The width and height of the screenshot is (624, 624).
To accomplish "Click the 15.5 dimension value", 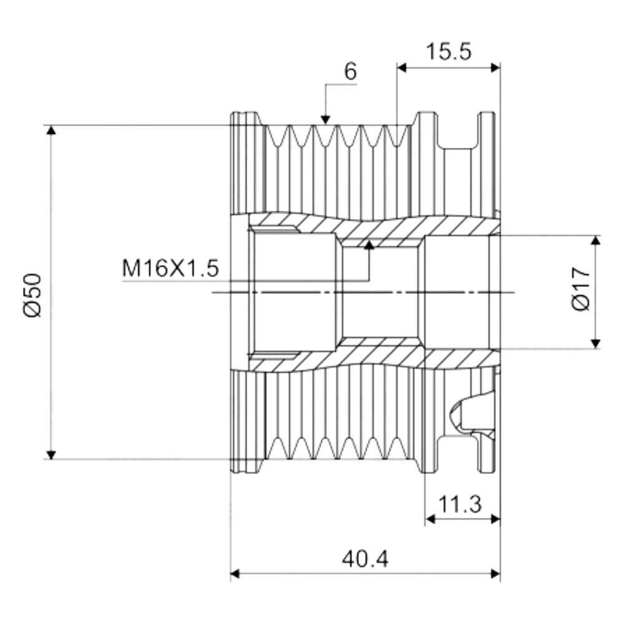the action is [449, 51].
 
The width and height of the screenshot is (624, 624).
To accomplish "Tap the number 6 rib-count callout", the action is [350, 72].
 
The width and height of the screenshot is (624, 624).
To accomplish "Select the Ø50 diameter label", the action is [33, 295].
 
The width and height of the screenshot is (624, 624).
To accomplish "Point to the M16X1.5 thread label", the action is [170, 268].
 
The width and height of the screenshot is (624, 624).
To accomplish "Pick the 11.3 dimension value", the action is [460, 504].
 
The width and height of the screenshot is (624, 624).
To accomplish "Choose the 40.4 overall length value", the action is [365, 559].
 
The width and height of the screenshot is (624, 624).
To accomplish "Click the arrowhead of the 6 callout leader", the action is [326, 119].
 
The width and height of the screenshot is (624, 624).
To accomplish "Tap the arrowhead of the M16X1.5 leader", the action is [369, 245].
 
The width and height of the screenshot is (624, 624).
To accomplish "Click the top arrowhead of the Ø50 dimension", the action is [51, 130].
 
